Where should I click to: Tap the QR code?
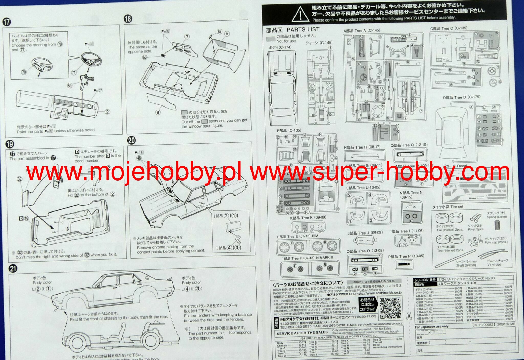(390, 308)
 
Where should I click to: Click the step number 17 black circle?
(7, 22)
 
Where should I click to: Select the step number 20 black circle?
(132, 140)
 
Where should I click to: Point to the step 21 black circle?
(13, 269)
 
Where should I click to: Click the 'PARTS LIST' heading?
(303, 30)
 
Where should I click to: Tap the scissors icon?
(409, 315)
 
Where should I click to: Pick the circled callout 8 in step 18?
(158, 112)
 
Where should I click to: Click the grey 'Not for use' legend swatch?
(271, 39)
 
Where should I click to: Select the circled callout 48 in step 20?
(139, 158)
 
